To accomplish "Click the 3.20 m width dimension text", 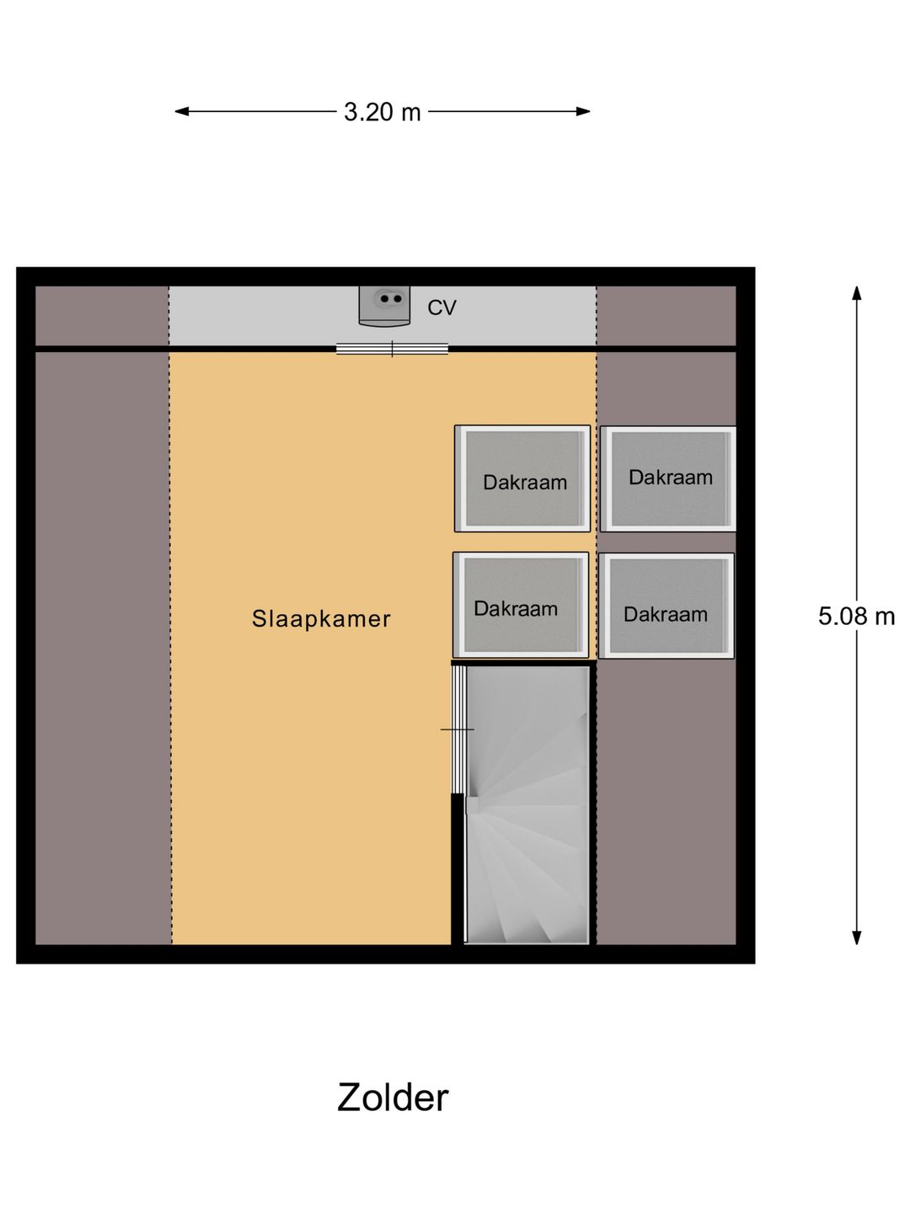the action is (382, 112).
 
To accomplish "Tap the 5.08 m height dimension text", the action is (856, 616).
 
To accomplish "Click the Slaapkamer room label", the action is (321, 619).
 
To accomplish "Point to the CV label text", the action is (442, 307).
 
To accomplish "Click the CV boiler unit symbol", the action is (384, 306).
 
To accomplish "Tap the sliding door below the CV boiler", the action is (392, 349).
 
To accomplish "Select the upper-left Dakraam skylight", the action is (522, 478).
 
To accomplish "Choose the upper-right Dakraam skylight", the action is (668, 478).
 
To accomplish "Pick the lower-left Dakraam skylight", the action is (521, 605).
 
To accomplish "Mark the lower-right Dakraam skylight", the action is (666, 606).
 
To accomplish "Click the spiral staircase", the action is (527, 804).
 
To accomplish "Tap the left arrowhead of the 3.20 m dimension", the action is (182, 112).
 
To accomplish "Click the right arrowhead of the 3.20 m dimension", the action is (583, 112).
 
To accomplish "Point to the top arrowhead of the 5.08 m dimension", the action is (856, 293).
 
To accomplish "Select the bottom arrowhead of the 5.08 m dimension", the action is (856, 938).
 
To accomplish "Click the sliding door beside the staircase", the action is (458, 729).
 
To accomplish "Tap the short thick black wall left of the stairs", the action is (458, 869).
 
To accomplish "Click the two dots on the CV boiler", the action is (391, 299).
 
